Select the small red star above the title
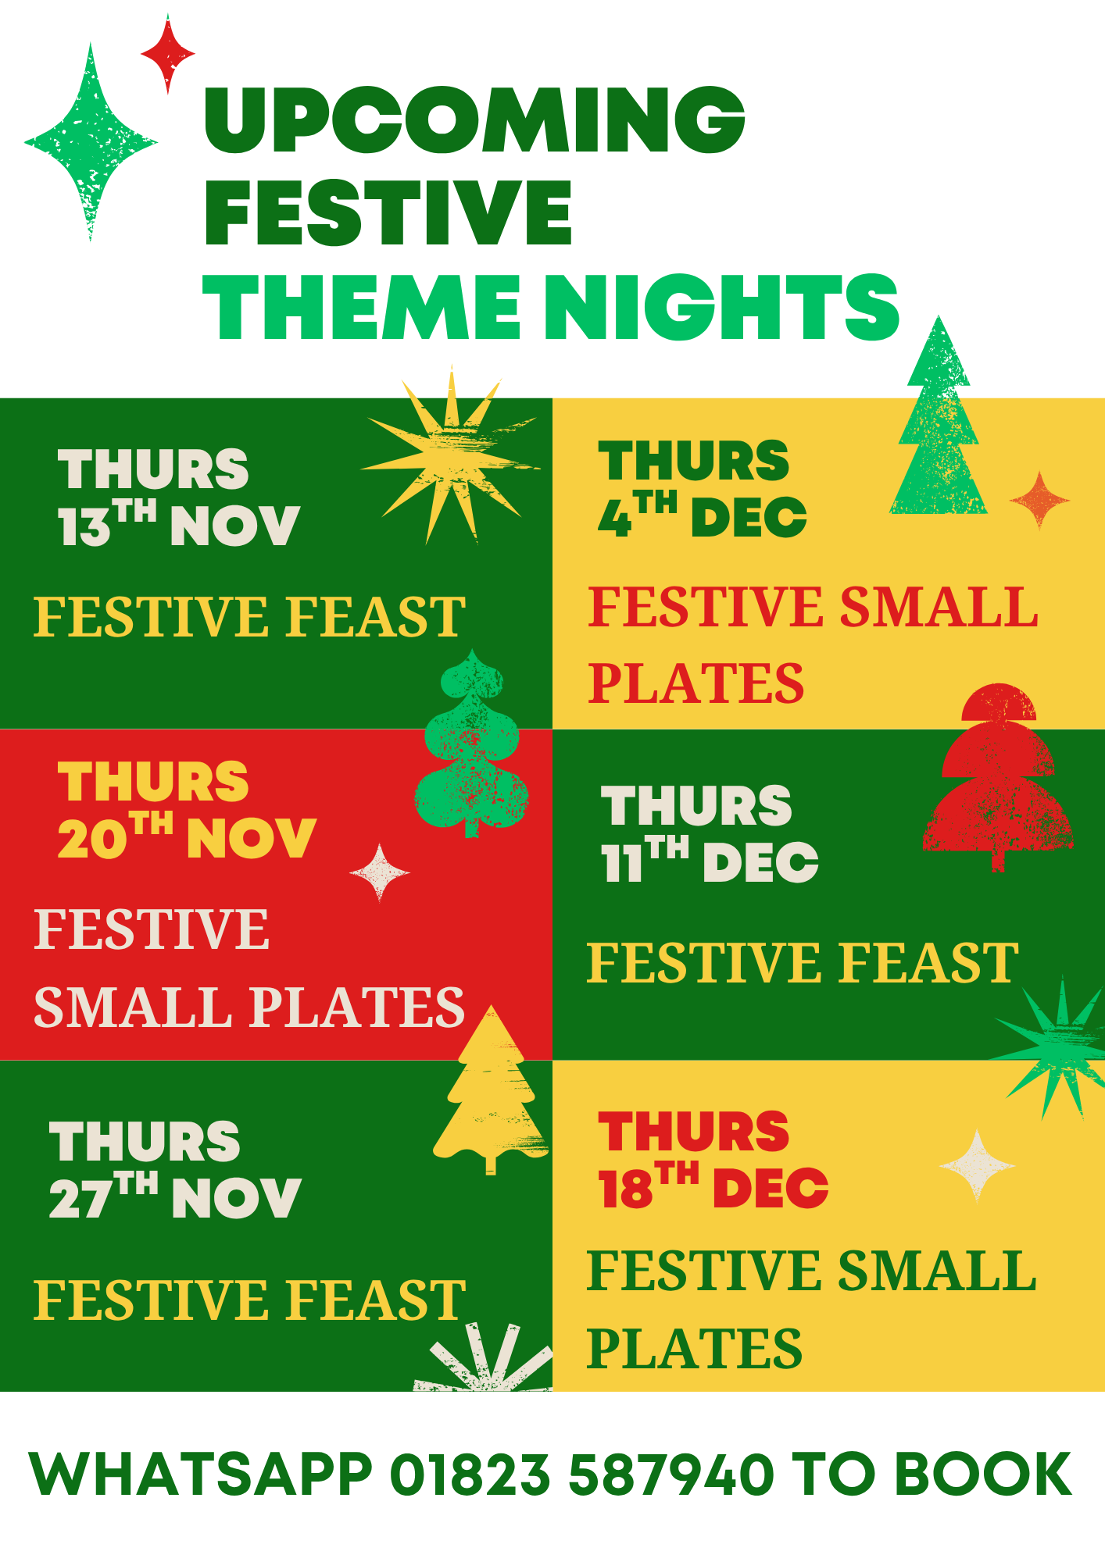tap(167, 54)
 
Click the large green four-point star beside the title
tap(91, 141)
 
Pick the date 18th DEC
tap(713, 1185)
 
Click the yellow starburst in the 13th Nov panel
tap(451, 455)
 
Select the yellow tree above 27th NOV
tap(491, 1089)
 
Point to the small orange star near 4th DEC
tap(1039, 500)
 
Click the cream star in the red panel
tap(380, 872)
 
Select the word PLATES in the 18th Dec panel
tap(694, 1349)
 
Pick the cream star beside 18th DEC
tap(977, 1165)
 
